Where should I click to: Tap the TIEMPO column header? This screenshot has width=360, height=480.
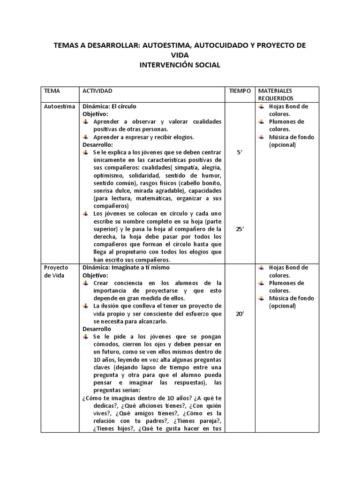(240, 90)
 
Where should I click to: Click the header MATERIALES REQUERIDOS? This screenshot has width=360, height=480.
(276, 94)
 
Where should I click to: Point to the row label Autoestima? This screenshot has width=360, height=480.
(59, 106)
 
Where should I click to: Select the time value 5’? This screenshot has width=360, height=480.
(240, 152)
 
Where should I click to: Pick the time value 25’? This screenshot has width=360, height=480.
(240, 229)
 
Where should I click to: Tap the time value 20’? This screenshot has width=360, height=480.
(240, 315)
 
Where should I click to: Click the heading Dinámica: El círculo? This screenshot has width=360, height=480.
(110, 106)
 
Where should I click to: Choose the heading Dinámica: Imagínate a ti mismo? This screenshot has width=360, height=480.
(126, 268)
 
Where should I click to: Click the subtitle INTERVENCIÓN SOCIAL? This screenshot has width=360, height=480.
(180, 65)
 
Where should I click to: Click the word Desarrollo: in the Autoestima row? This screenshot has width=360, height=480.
(97, 145)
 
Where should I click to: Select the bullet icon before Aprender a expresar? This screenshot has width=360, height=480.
(86, 137)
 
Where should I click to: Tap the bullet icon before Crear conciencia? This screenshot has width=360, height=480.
(86, 283)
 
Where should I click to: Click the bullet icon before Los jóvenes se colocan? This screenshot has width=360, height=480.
(86, 214)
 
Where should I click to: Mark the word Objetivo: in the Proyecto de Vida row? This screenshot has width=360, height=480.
(95, 275)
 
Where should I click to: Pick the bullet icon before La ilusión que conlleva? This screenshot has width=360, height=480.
(86, 306)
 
